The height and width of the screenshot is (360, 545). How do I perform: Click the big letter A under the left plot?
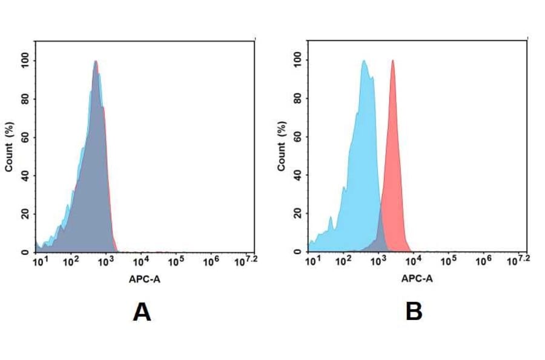pyautogui.click(x=142, y=312)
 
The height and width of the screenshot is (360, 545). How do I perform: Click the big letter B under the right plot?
pyautogui.click(x=414, y=312)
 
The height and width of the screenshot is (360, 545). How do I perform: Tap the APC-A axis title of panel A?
pyautogui.click(x=144, y=279)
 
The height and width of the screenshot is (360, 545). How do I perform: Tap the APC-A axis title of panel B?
pyautogui.click(x=417, y=279)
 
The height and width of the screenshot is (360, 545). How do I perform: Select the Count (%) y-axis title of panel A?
pyautogui.click(x=9, y=147)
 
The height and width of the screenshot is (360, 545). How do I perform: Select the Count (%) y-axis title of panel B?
pyautogui.click(x=282, y=147)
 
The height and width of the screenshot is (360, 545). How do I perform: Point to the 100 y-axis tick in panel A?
pyautogui.click(x=25, y=61)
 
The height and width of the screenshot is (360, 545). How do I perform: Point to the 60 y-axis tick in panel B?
pyautogui.click(x=297, y=137)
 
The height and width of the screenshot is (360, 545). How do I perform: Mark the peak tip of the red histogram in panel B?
pyautogui.click(x=393, y=61)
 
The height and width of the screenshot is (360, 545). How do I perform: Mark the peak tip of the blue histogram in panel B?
pyautogui.click(x=363, y=61)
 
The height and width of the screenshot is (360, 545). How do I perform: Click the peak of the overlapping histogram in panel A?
pyautogui.click(x=96, y=61)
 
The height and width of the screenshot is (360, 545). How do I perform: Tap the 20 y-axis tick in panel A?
pyautogui.click(x=25, y=214)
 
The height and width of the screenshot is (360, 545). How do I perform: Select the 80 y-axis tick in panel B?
pyautogui.click(x=297, y=99)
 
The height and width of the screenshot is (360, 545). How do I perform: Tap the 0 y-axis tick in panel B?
pyautogui.click(x=297, y=252)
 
